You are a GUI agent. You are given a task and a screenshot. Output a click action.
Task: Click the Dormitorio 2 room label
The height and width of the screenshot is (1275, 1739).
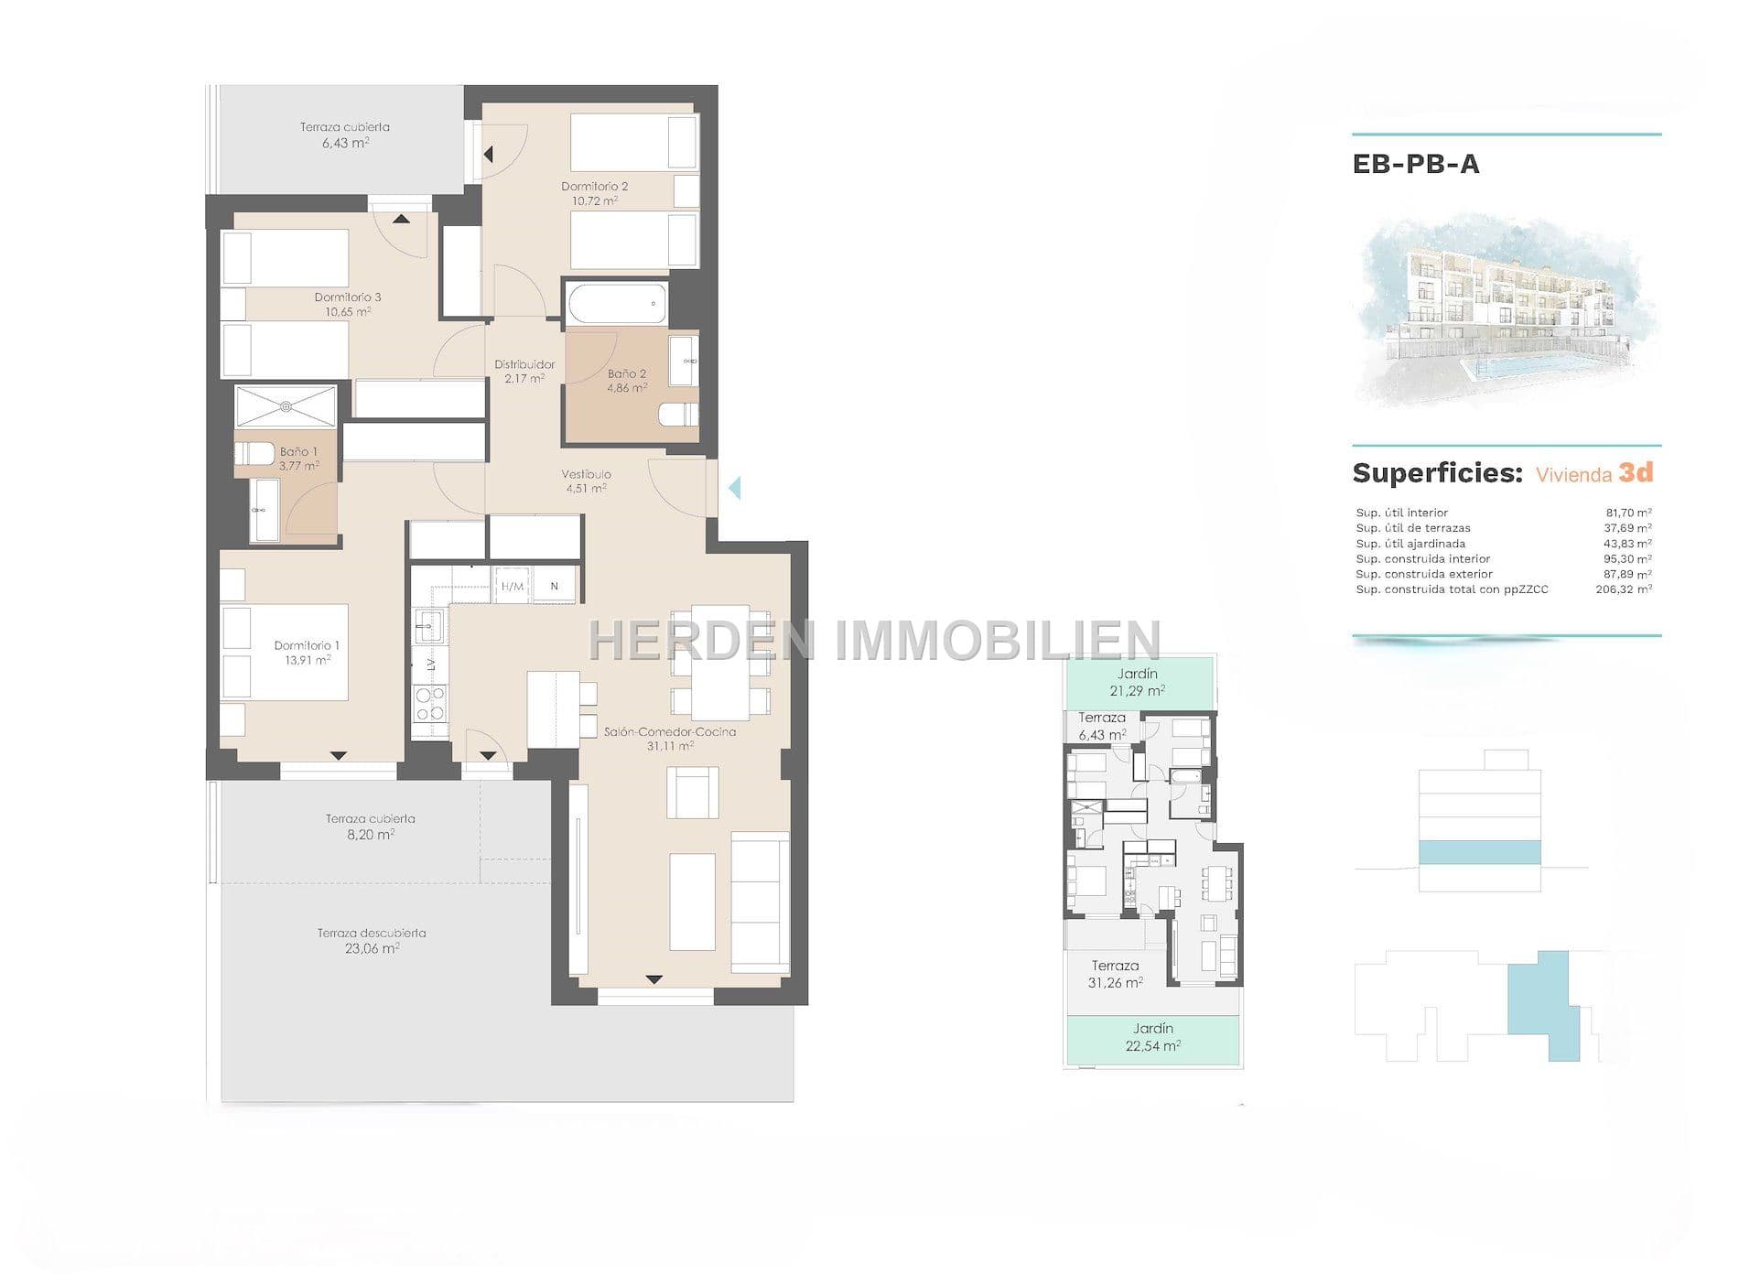click(x=594, y=187)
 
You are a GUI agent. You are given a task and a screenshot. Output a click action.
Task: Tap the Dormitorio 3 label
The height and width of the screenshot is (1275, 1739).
click(x=348, y=297)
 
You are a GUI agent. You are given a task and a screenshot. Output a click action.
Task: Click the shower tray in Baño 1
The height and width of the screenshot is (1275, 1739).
click(x=286, y=406)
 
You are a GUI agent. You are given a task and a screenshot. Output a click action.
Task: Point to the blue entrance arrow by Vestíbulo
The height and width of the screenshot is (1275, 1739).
click(x=734, y=488)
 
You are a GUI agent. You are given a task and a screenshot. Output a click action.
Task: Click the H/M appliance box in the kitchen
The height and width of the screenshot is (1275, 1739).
click(x=513, y=587)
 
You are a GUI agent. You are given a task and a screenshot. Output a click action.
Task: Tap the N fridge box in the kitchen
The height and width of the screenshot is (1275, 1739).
click(x=555, y=587)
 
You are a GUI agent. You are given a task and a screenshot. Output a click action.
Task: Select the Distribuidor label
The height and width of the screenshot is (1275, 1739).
click(x=524, y=364)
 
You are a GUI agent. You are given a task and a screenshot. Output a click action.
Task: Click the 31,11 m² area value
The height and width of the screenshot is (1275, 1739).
click(x=670, y=746)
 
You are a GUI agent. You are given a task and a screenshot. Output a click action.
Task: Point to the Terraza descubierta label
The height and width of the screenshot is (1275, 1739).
click(x=372, y=934)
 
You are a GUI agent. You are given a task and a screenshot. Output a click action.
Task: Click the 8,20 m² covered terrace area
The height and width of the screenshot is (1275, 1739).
click(x=371, y=835)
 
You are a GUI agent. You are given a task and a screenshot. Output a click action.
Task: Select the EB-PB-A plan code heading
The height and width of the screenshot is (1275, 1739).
click(x=1416, y=164)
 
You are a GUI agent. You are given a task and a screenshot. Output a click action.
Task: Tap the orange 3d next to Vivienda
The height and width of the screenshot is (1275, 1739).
click(x=1636, y=472)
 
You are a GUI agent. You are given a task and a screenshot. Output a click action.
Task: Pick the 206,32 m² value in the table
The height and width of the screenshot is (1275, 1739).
click(x=1624, y=589)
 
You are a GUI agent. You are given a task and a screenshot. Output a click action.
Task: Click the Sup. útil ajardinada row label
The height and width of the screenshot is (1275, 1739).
click(x=1410, y=544)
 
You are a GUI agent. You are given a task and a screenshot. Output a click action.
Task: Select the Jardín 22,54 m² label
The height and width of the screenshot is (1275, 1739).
click(x=1152, y=1037)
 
